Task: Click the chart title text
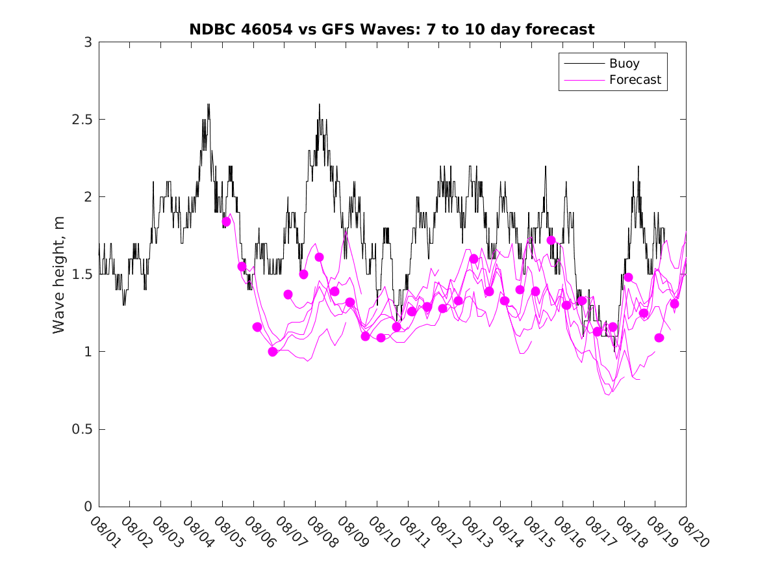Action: click(x=392, y=29)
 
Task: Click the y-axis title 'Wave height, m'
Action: click(x=59, y=274)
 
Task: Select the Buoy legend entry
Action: click(x=624, y=64)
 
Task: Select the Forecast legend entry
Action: click(x=635, y=80)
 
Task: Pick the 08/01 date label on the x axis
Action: click(x=105, y=532)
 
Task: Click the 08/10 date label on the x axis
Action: click(x=383, y=532)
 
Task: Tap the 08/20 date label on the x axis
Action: click(x=691, y=532)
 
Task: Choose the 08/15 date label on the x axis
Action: click(x=537, y=532)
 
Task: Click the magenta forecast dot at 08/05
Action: click(x=226, y=222)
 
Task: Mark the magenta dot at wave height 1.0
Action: click(x=273, y=352)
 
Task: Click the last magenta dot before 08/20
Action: click(x=674, y=304)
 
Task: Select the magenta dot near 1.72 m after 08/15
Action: click(x=551, y=241)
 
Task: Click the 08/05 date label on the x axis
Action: click(x=228, y=532)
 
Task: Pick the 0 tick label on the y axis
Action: click(x=88, y=507)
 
